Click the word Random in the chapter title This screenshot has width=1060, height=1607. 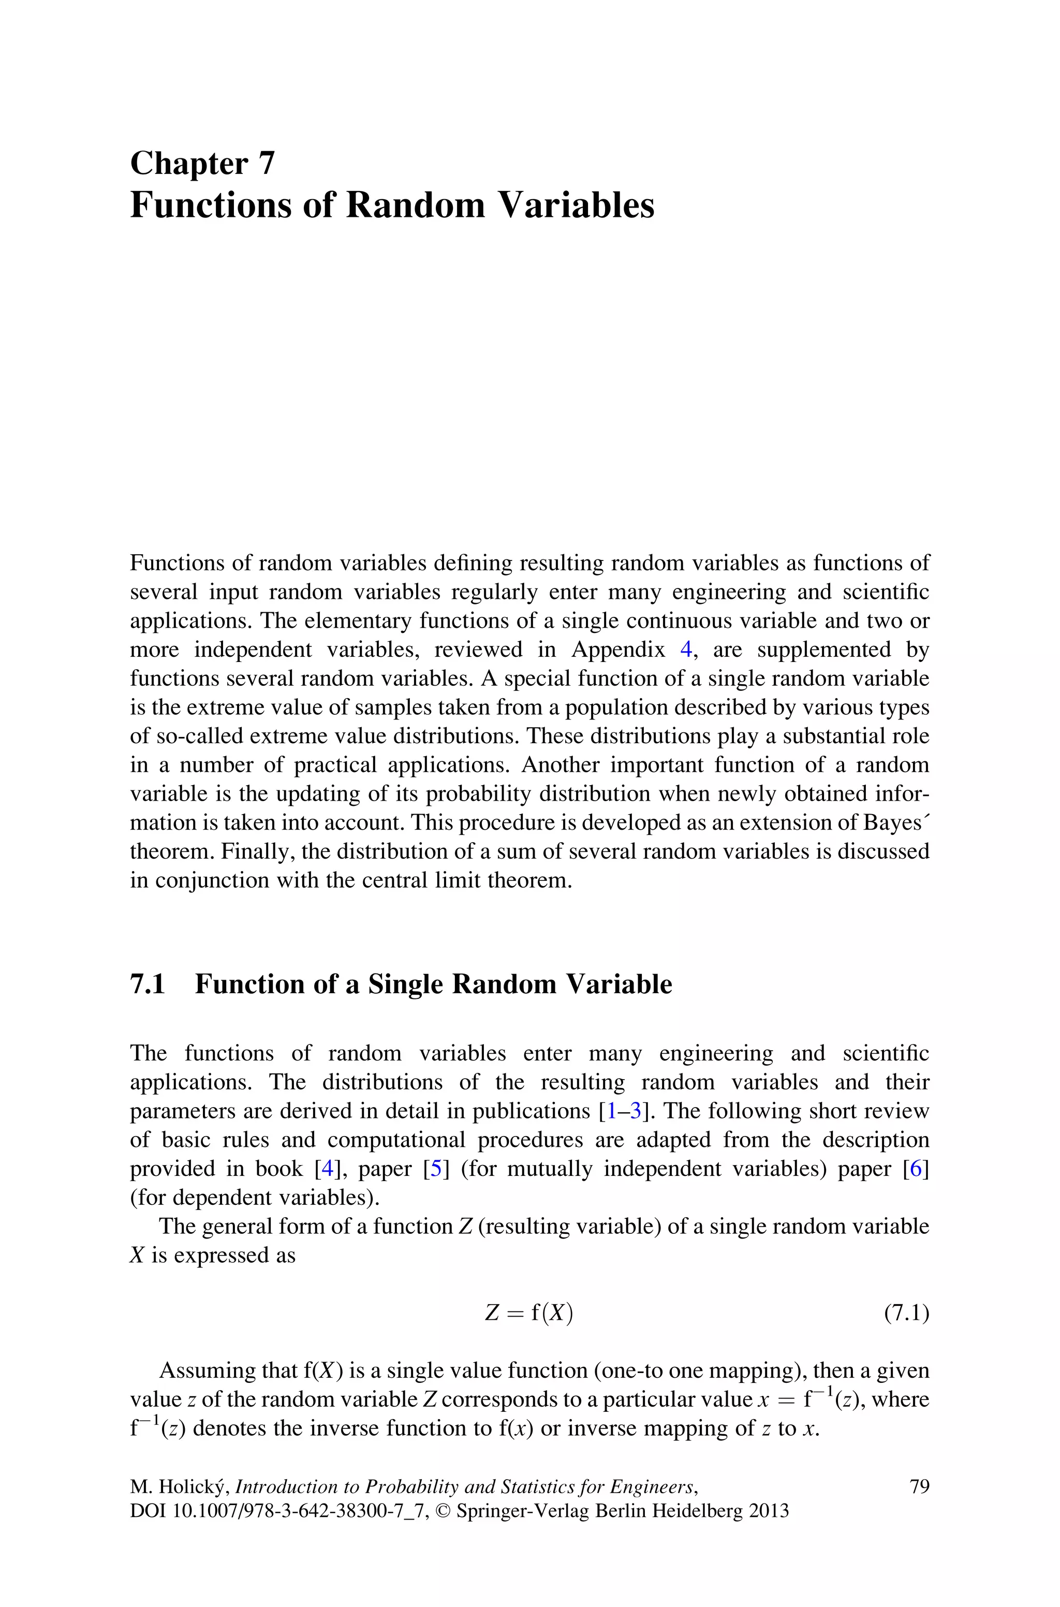(x=415, y=205)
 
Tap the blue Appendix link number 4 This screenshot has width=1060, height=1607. (x=686, y=650)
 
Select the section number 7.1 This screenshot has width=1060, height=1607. (x=148, y=984)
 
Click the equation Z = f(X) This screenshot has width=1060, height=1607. (x=529, y=1313)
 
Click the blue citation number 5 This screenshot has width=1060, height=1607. (x=436, y=1169)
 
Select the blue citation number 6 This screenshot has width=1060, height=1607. (x=916, y=1169)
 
